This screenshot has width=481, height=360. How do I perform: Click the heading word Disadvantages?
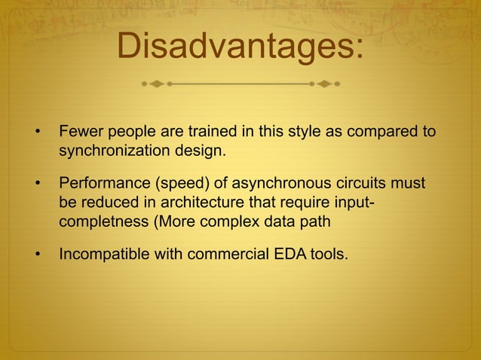tap(240, 47)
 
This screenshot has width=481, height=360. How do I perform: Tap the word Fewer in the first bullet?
tap(79, 132)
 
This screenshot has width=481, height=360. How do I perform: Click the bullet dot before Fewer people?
tap(36, 133)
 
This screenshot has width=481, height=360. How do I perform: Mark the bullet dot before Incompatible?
tap(36, 255)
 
